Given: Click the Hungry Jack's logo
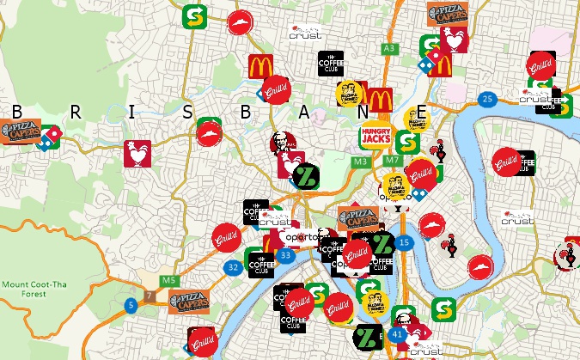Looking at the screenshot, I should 375,137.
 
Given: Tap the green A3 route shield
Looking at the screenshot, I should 390,48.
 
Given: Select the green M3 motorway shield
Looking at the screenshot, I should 360,162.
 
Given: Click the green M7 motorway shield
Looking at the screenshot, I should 392,161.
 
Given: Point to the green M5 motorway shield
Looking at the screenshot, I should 168,280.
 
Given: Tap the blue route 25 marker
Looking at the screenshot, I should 488,100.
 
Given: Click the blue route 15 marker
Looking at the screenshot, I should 404,244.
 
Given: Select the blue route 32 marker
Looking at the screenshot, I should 233,267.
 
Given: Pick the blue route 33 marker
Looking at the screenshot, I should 285,255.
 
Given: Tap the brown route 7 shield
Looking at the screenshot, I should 150,296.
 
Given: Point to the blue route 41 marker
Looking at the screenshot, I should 397,333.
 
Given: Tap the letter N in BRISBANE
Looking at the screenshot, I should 363,113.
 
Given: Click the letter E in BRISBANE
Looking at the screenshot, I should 421,113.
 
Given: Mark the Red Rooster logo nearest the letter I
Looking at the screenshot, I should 137,155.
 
